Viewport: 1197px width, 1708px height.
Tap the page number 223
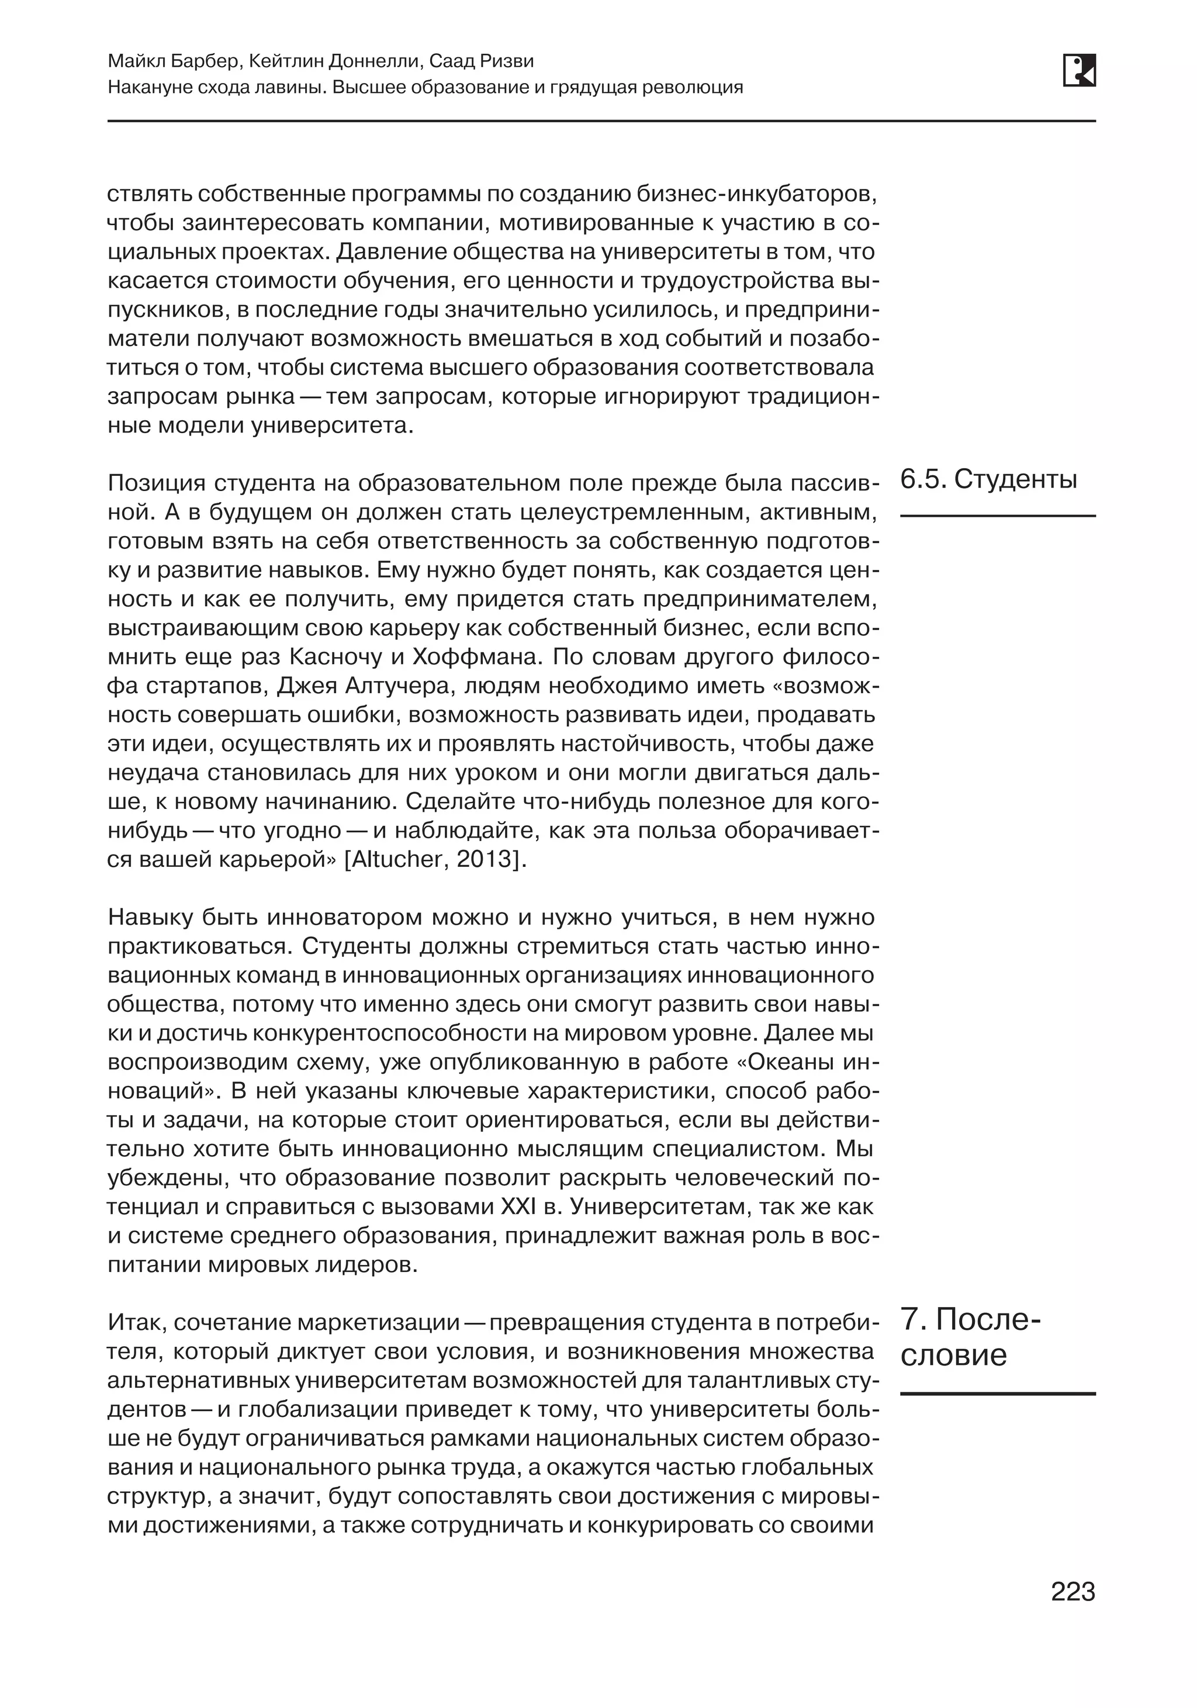[x=1072, y=1591]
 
